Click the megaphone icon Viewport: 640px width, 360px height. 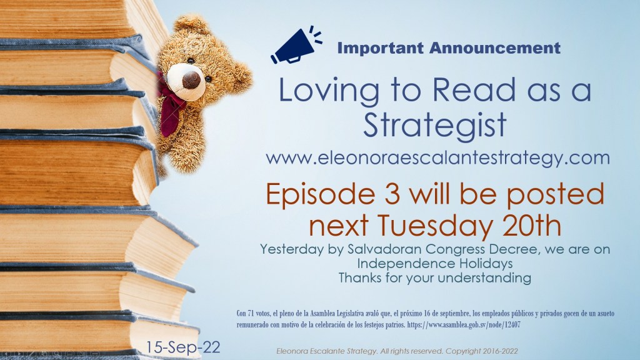[x=296, y=45]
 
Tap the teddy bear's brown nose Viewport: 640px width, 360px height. [x=191, y=80]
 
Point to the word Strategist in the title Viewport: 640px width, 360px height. [x=435, y=124]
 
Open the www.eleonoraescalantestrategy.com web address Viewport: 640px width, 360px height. [x=437, y=158]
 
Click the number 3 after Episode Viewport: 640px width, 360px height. [x=392, y=194]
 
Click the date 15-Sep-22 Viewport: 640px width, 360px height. [x=183, y=347]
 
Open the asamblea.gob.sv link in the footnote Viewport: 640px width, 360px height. [x=464, y=325]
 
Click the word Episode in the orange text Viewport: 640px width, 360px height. [x=321, y=195]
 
